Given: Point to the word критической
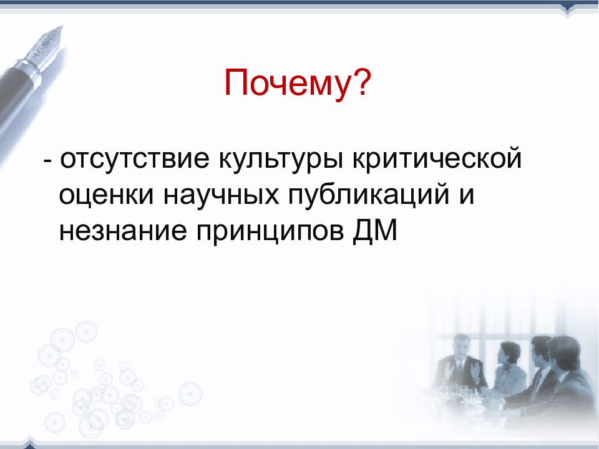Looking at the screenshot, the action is pos(437,159).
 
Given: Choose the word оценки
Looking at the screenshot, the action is pos(106,195).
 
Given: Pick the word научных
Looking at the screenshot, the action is pos(221,195).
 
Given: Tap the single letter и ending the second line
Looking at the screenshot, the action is pos(467,195).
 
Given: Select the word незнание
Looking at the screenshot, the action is pos(123,231).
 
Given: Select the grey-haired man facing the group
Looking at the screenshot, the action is pos(460,363).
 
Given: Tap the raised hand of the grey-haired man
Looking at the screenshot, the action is pos(475,369).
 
